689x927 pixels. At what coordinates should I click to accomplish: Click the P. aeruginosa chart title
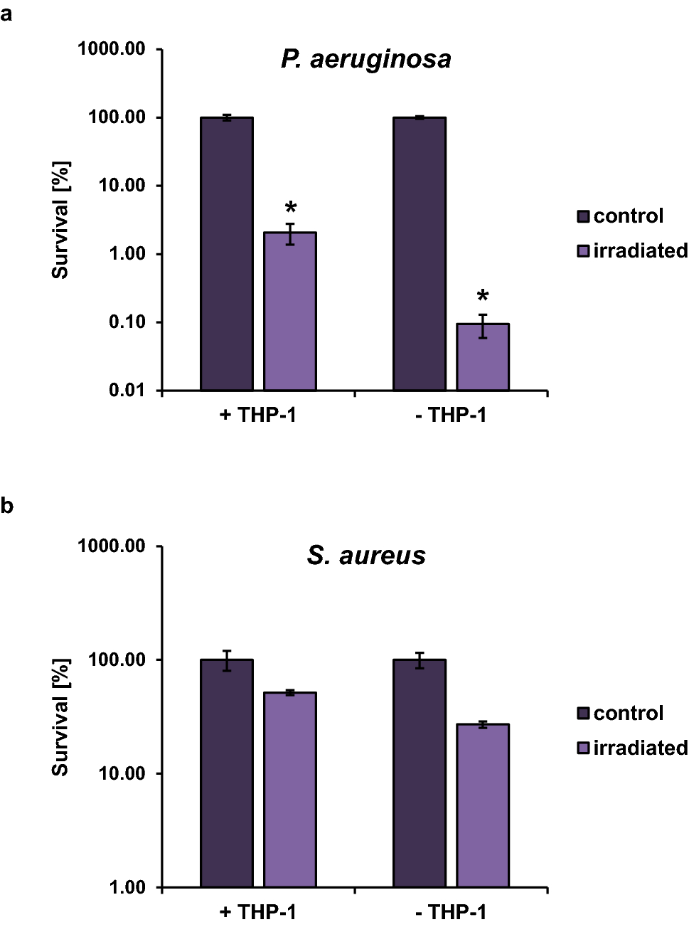pos(366,59)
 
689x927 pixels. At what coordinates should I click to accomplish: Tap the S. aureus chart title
pos(366,556)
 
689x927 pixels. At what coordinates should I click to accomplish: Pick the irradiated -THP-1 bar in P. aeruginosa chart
pos(483,357)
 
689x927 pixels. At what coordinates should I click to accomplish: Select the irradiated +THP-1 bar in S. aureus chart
pos(290,789)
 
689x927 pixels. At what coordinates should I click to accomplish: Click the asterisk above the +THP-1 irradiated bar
pos(291,208)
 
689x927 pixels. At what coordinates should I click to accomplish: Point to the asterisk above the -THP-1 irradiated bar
pos(483,297)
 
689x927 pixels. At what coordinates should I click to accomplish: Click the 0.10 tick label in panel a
pos(127,322)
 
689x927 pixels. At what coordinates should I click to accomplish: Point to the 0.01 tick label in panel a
pos(127,391)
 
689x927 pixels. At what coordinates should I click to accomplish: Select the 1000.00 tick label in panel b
pos(112,546)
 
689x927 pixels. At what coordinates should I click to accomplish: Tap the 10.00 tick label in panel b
pos(122,773)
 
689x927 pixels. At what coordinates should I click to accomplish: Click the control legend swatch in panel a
pos(583,216)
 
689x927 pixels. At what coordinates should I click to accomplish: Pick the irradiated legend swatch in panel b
pos(583,748)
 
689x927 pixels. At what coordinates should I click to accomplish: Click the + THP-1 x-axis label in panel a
pos(257,415)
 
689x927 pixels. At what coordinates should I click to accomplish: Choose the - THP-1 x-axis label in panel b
pos(451,912)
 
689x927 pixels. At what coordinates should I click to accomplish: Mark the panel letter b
pos(7,506)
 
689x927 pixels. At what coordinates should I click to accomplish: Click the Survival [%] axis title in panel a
pos(60,221)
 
